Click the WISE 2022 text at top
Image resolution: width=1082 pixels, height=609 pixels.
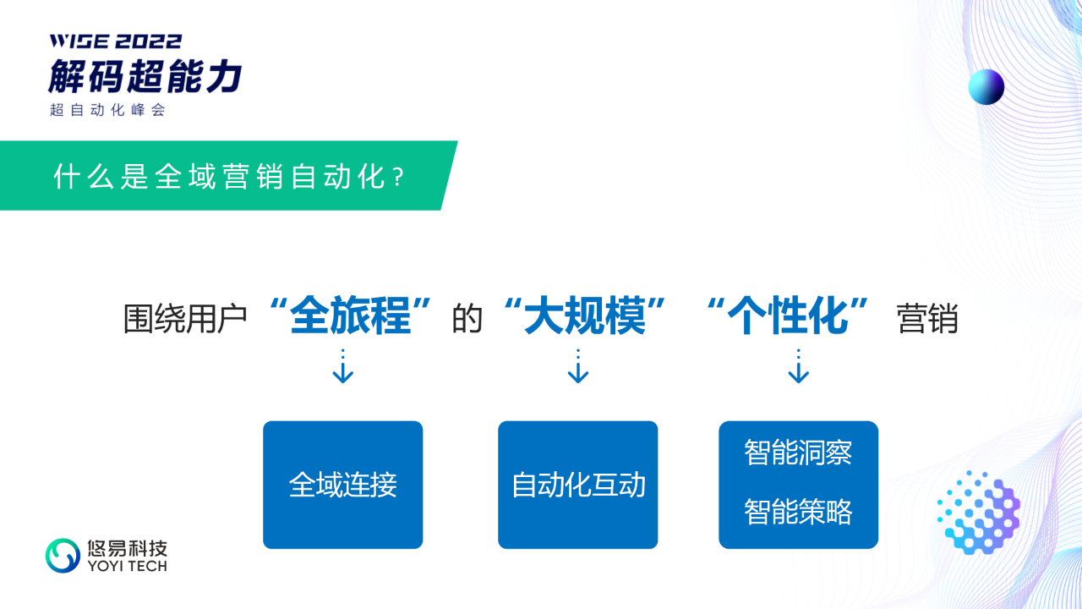coord(116,41)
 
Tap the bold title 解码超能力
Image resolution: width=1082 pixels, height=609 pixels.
coord(145,76)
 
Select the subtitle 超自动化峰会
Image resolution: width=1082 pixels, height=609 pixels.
coord(107,110)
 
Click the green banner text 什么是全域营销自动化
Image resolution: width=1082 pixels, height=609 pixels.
coord(219,177)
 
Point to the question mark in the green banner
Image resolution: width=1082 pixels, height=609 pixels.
coord(398,178)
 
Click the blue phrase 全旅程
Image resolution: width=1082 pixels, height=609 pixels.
coord(350,316)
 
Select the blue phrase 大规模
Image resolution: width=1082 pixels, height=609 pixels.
coord(585,316)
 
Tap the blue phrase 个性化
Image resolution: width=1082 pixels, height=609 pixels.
coord(788,316)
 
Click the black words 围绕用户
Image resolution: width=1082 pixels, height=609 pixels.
coord(185,319)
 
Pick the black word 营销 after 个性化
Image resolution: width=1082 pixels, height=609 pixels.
coord(927,319)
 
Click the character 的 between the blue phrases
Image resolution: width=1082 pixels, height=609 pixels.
coord(467,319)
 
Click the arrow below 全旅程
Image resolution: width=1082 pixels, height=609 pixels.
coord(343,366)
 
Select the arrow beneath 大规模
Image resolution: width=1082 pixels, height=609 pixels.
coord(578,366)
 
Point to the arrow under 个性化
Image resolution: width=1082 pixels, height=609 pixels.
coord(799,366)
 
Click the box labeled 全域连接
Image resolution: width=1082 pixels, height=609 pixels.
coord(343,485)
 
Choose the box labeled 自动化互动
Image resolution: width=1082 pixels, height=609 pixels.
coord(578,485)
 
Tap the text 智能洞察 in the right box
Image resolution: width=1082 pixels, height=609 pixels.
coord(798,453)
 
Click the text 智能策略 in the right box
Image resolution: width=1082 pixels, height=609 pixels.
coord(798,512)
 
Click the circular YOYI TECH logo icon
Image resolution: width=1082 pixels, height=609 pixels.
coord(63,556)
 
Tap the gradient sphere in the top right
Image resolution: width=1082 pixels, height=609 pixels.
coord(986,87)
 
